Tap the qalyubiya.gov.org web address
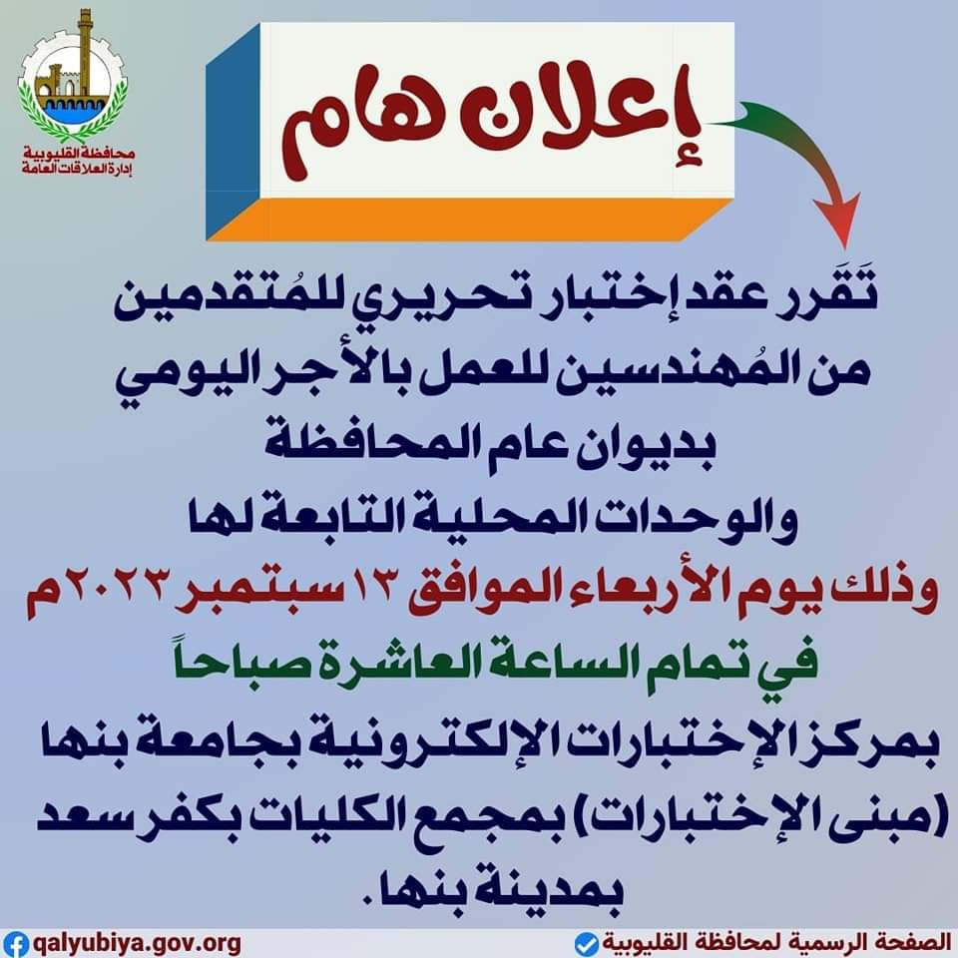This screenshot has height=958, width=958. [136, 943]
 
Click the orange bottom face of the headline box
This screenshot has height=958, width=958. [470, 219]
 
